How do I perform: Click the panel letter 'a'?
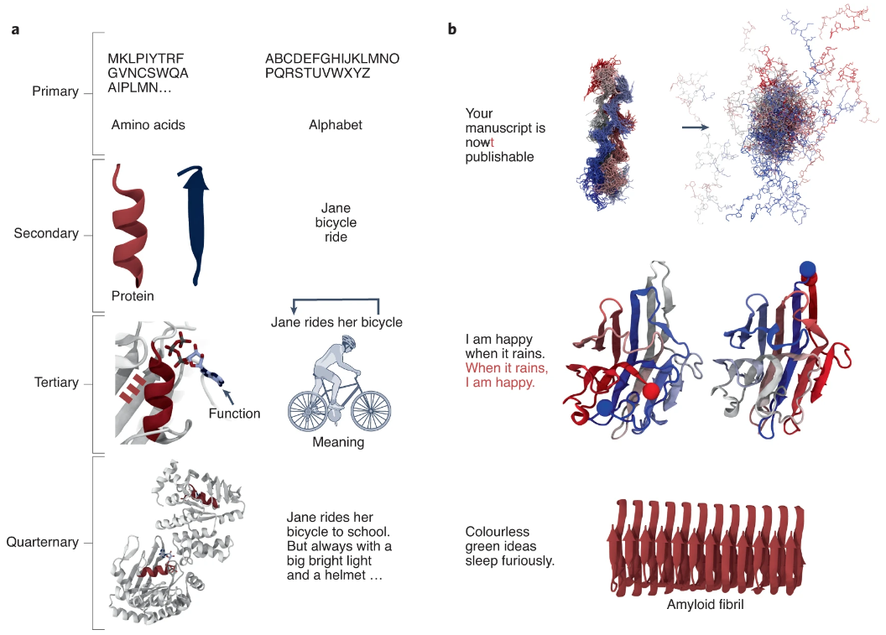tap(16, 30)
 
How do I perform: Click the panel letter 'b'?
tap(452, 30)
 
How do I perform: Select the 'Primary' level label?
tap(55, 91)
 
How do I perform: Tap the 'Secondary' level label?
tap(46, 233)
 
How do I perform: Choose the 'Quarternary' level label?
tap(43, 542)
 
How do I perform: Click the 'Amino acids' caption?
tap(148, 125)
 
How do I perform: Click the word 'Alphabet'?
tap(336, 125)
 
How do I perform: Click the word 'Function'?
tap(235, 414)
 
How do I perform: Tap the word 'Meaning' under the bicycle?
tap(338, 442)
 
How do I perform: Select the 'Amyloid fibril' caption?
tap(705, 603)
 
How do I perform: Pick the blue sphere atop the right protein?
tap(807, 269)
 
